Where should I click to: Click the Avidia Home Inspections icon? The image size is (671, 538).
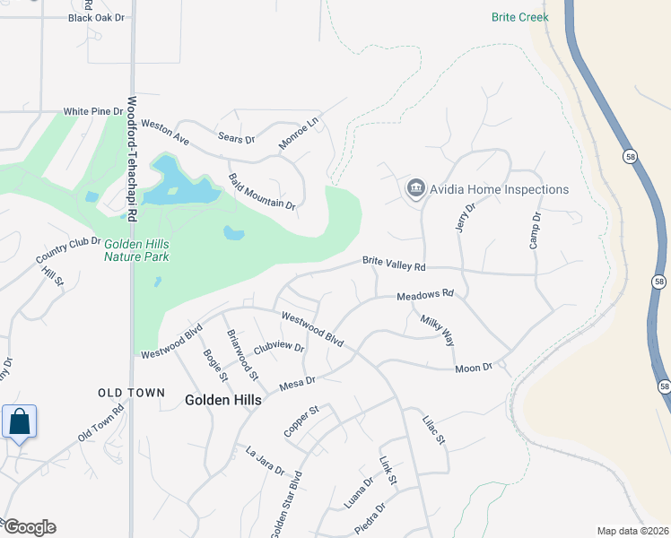click(415, 189)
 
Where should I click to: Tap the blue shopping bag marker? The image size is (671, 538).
click(19, 421)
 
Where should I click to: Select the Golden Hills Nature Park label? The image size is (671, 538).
click(136, 250)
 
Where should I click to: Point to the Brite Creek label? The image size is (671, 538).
click(519, 17)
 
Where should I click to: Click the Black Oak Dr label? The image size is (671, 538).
click(98, 17)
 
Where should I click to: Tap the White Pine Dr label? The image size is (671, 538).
click(92, 111)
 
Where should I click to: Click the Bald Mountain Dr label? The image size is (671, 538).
click(262, 192)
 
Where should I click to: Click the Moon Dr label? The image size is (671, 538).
click(474, 368)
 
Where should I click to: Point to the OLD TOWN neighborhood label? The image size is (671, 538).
click(131, 393)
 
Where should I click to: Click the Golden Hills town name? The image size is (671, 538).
click(223, 400)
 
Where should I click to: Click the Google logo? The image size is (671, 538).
click(29, 527)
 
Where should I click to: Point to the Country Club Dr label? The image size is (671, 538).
click(68, 250)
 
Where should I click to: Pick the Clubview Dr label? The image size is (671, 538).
click(278, 347)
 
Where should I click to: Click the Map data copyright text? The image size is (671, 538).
click(632, 531)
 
